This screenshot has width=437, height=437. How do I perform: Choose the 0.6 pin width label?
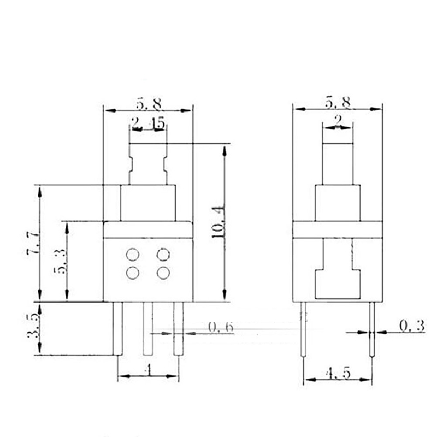click(220, 327)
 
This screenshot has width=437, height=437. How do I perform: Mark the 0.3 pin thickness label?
click(412, 326)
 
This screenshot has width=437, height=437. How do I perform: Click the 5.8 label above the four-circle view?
click(148, 102)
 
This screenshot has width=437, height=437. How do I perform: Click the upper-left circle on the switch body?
click(132, 255)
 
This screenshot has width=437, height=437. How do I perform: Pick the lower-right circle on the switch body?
click(163, 272)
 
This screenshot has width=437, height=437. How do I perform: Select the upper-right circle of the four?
click(163, 255)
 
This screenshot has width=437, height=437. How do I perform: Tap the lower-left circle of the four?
click(132, 272)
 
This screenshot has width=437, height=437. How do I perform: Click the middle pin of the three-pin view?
click(148, 328)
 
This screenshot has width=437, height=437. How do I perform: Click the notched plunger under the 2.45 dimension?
click(147, 164)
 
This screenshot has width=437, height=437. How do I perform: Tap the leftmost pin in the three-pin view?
click(118, 328)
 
